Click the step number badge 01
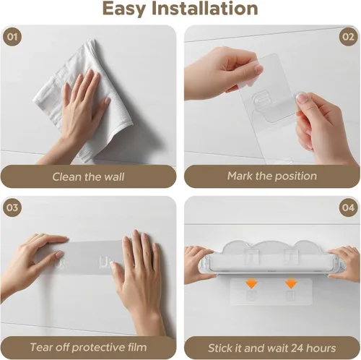click(12, 37)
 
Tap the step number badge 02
click(348, 37)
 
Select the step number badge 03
click(12, 207)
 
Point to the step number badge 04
click(348, 207)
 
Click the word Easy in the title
click(124, 9)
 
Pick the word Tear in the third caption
click(40, 347)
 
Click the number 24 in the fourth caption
click(297, 348)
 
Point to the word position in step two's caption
click(295, 176)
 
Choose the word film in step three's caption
click(137, 347)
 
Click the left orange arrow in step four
click(251, 283)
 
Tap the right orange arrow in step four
click(291, 283)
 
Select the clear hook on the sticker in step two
click(261, 98)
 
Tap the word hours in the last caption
click(321, 348)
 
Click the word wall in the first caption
click(115, 176)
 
